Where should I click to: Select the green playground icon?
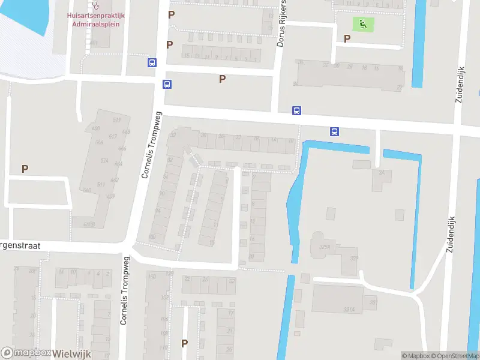coord(363,24)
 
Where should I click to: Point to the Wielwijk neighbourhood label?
coord(71,353)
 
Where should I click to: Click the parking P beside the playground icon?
coord(347,38)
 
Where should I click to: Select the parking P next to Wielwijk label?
coord(185,344)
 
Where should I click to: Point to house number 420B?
coord(89,224)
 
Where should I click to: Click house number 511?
coord(101,184)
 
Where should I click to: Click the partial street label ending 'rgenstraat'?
coord(23,246)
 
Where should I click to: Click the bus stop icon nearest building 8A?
coord(334,132)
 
